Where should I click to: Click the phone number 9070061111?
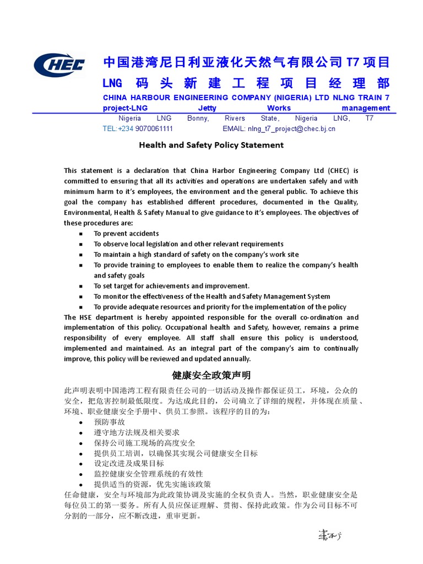154,129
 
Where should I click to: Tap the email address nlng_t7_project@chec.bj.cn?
291,129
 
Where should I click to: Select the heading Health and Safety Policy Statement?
211,145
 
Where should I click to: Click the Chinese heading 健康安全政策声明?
211,376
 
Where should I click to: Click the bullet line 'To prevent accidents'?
126,234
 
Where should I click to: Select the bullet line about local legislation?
188,244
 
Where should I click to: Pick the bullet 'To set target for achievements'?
171,286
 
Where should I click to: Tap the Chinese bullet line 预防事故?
109,422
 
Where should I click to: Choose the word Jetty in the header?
207,109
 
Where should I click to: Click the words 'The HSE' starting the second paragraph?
77,317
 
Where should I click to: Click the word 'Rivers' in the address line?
235,118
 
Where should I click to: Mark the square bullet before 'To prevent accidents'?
81,234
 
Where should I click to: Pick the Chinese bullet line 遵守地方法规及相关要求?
137,432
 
